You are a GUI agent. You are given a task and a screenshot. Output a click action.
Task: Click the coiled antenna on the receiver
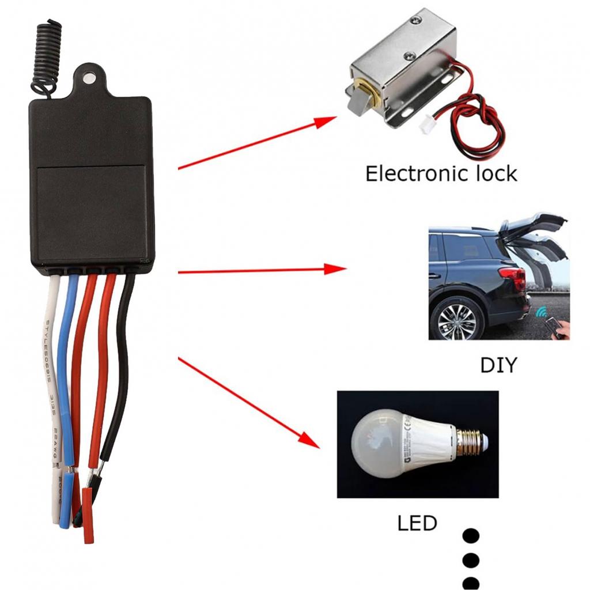[x=46, y=55]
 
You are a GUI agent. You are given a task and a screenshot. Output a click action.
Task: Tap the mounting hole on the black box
[x=88, y=77]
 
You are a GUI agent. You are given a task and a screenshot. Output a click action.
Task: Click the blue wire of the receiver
[x=66, y=369]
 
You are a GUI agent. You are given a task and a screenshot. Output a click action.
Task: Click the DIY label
[x=498, y=365]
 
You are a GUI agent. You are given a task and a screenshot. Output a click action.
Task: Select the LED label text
[x=417, y=524]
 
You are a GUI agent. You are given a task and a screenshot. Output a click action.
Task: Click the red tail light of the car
[x=514, y=278]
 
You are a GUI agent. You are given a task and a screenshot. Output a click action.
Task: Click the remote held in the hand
[x=555, y=327]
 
